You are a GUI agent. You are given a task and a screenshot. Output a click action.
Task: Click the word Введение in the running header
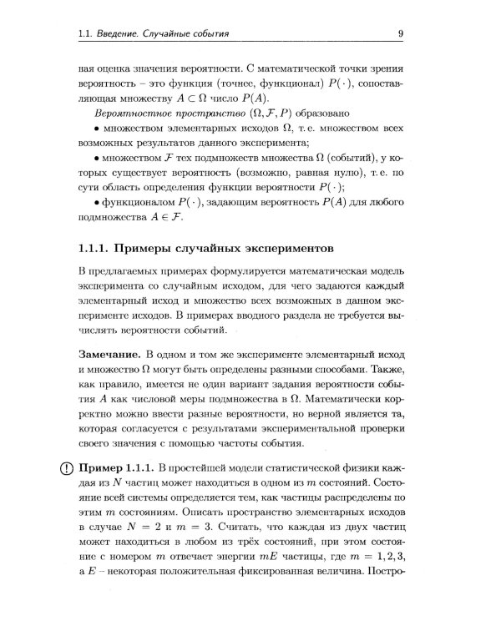tap(121, 33)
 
